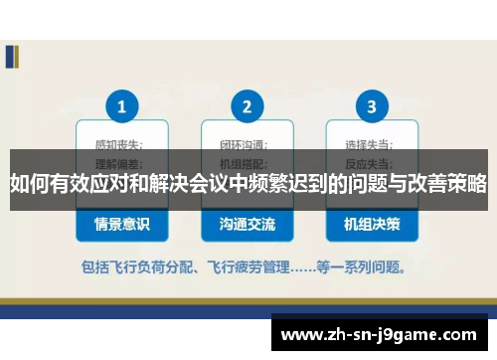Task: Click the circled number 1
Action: pyautogui.click(x=122, y=105)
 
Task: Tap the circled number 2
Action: pyautogui.click(x=247, y=105)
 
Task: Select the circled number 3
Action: pyautogui.click(x=371, y=105)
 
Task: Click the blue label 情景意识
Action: pyautogui.click(x=122, y=225)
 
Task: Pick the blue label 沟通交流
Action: pyautogui.click(x=247, y=225)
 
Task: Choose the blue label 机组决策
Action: pyautogui.click(x=372, y=225)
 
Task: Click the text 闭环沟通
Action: pyautogui.click(x=241, y=144)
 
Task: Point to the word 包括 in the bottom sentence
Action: pyautogui.click(x=97, y=267)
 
